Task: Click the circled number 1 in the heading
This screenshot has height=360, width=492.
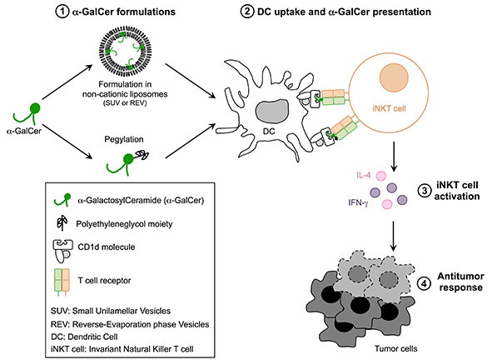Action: tap(62, 12)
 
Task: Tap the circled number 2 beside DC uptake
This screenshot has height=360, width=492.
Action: tap(247, 12)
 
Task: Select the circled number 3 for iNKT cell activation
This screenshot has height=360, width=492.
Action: tap(425, 191)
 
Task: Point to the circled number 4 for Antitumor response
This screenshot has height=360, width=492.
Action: tap(424, 284)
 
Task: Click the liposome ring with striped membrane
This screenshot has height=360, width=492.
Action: tap(125, 32)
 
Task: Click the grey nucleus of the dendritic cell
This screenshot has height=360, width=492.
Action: tap(272, 111)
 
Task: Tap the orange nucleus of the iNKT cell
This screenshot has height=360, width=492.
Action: tap(394, 77)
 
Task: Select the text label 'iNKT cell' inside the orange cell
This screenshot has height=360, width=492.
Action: tap(389, 108)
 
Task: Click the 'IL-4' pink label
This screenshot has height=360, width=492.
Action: tap(364, 175)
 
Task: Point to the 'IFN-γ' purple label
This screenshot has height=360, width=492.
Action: tap(358, 202)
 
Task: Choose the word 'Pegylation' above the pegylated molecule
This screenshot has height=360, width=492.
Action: tap(124, 139)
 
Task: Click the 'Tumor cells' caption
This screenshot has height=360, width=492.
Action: tap(396, 348)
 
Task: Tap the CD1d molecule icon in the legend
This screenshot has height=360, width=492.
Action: tap(62, 251)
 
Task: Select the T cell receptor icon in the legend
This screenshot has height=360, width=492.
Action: tap(62, 282)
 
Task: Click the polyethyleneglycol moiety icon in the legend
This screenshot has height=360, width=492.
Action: tap(62, 223)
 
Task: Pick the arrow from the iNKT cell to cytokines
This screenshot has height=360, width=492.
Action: tap(394, 157)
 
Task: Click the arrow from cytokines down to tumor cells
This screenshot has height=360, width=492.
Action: tap(393, 236)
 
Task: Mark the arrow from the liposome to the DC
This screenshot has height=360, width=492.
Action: tap(191, 81)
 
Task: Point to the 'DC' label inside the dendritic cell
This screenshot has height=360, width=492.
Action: tap(269, 132)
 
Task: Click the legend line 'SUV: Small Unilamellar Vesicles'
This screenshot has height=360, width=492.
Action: tap(111, 311)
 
